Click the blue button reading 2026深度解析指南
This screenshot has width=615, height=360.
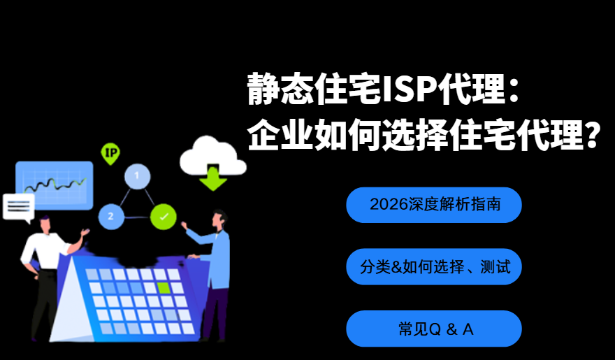434,205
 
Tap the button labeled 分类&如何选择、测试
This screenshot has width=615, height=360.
434,266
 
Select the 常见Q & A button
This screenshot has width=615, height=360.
434,329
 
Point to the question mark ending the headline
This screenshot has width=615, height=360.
592,134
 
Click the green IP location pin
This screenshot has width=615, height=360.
110,153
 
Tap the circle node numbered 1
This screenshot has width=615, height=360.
137,176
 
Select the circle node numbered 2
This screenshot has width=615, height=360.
111,216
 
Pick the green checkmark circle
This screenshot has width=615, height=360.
164,217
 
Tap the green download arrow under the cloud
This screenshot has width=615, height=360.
212,178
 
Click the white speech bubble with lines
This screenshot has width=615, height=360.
18,208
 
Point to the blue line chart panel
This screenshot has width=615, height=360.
55,185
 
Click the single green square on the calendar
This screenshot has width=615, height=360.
164,288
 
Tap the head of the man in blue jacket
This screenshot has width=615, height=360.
219,219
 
